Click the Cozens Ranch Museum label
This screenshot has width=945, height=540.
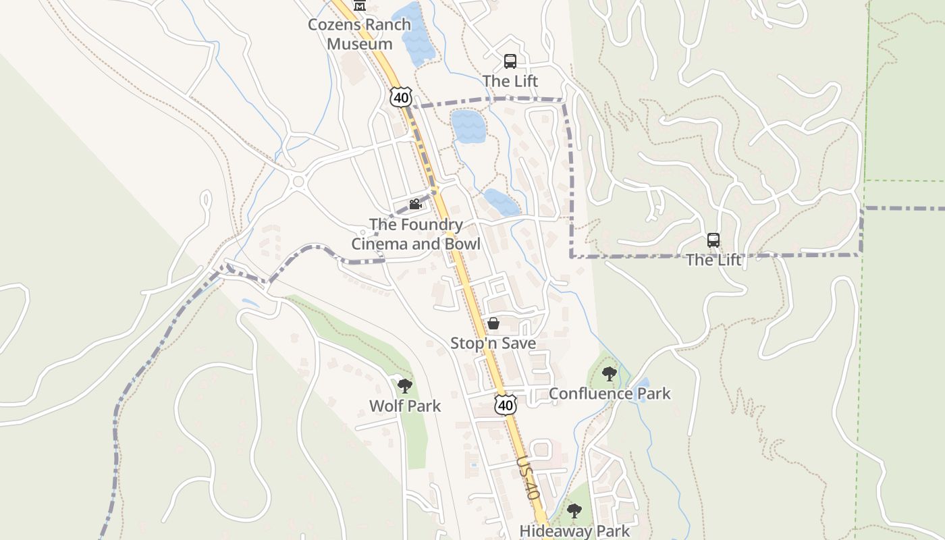(x=359, y=34)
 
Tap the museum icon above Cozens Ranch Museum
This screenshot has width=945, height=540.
(x=360, y=5)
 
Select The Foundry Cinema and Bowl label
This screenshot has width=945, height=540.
(x=416, y=234)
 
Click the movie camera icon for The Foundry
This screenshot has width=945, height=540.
(x=415, y=204)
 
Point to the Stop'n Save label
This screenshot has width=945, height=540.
(x=493, y=343)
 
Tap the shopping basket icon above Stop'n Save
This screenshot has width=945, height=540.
(x=493, y=324)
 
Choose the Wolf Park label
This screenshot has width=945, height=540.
(x=404, y=406)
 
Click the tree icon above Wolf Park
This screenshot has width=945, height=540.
(x=404, y=386)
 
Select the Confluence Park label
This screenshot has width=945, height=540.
(x=610, y=394)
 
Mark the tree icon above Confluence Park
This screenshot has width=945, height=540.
(x=609, y=373)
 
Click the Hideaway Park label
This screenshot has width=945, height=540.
(x=574, y=531)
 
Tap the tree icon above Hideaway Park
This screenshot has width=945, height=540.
(x=574, y=510)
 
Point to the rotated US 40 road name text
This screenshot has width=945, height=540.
(x=529, y=478)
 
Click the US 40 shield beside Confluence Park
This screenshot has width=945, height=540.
(x=505, y=404)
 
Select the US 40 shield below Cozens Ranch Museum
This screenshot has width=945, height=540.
(x=400, y=97)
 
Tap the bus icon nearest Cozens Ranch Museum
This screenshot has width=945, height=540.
(x=510, y=61)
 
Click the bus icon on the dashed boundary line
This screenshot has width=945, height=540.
(x=713, y=240)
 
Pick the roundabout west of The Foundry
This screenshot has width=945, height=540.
(x=297, y=181)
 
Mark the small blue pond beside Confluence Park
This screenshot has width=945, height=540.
(x=643, y=389)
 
